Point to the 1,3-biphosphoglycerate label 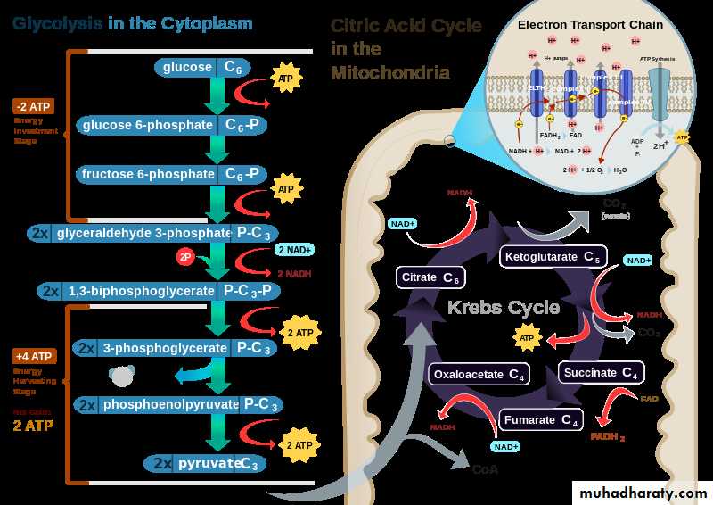coord(160,291)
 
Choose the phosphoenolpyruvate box coord(182,404)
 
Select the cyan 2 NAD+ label coord(294,251)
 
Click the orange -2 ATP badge coord(34,106)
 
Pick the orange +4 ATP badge coord(34,356)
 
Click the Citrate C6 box coord(431,277)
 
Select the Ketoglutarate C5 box coord(552,258)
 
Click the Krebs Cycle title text coord(503,308)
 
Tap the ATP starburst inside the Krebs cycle coord(526,338)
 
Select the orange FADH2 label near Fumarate coord(608,436)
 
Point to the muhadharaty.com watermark coord(643,493)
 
